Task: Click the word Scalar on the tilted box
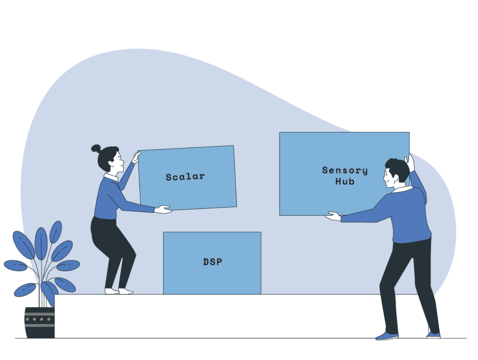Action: [185, 177]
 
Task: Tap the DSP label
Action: [212, 262]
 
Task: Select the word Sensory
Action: [345, 171]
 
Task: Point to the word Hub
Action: [345, 181]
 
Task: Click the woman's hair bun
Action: [96, 148]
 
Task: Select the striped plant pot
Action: [39, 322]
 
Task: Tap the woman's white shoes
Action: [118, 291]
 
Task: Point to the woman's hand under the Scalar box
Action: [163, 209]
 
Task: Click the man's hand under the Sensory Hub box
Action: [333, 216]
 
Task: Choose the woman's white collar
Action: [111, 177]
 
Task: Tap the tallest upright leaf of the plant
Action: [41, 243]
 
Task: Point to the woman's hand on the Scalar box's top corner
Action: [136, 156]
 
